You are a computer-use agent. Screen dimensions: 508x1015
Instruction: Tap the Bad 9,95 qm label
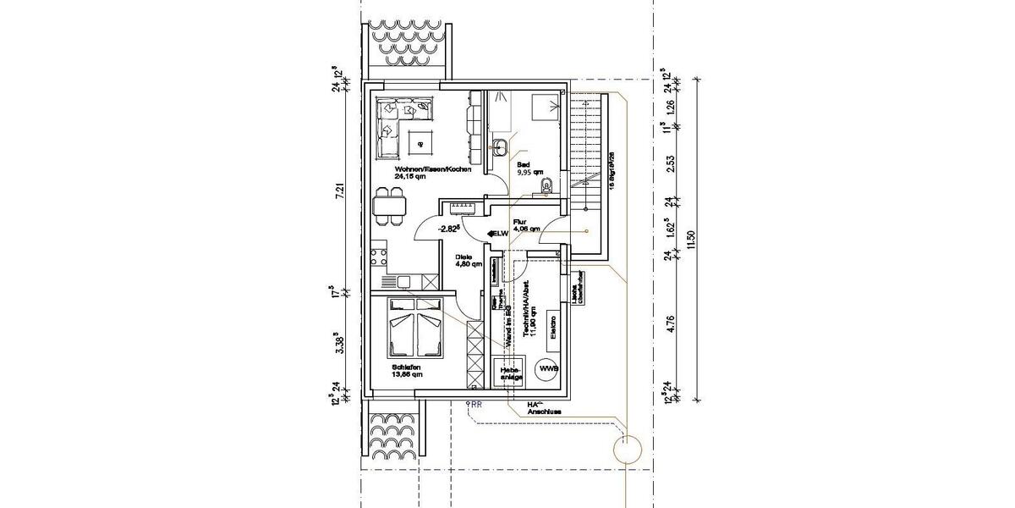pos(525,168)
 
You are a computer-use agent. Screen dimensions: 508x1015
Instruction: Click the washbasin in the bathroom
pos(500,144)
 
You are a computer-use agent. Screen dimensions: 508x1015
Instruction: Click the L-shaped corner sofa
pos(398,123)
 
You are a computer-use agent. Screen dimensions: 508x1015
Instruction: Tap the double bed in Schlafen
pos(415,331)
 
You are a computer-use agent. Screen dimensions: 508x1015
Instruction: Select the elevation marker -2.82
pos(449,229)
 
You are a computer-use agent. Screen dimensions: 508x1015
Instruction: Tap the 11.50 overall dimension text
pos(692,239)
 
